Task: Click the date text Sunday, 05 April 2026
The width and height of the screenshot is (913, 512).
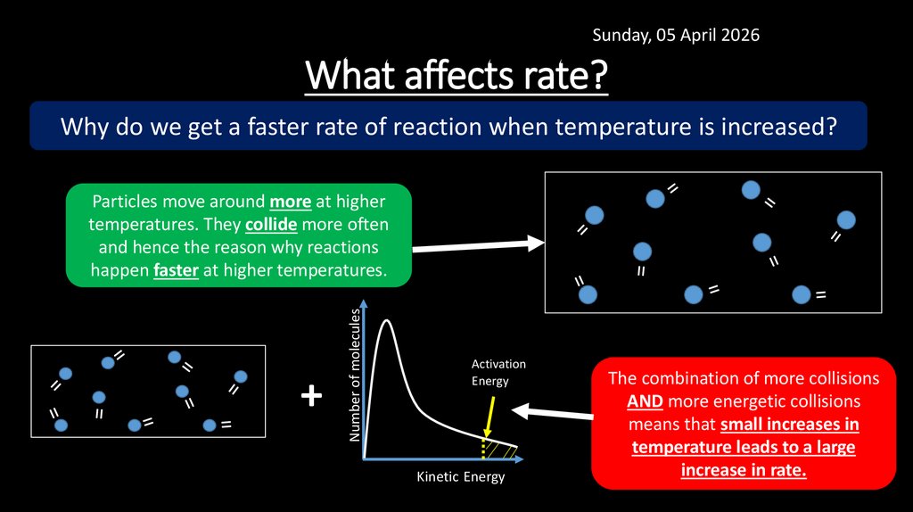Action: coord(676,35)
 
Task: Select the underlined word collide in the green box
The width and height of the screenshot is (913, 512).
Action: coord(270,224)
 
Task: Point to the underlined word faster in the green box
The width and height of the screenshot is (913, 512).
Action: coord(176,269)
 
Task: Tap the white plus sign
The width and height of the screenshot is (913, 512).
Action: coord(310,395)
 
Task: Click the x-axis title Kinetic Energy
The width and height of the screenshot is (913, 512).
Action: coord(460,476)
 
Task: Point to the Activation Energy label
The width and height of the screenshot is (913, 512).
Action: coord(498,373)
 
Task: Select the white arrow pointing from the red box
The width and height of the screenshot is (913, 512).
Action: coord(553,411)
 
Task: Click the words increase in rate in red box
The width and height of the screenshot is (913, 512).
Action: coord(743,470)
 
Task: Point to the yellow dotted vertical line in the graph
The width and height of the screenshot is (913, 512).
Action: coord(483,447)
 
